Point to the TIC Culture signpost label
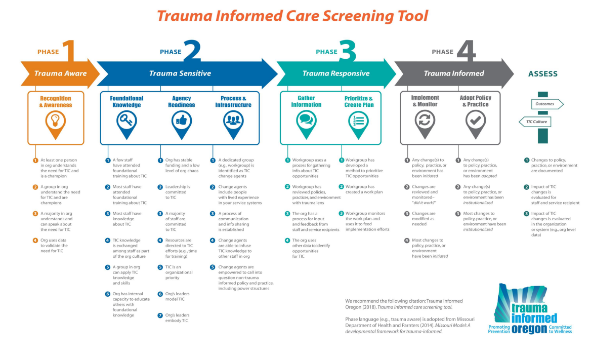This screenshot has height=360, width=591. pos(535,122)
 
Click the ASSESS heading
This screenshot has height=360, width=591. pos(543,74)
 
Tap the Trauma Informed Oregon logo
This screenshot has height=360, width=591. pos(530,309)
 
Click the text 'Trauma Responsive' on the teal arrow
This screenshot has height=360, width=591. pos(336,73)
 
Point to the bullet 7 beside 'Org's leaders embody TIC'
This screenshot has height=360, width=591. pos(160,315)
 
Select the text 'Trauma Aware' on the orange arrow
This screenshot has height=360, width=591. pos(60,73)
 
